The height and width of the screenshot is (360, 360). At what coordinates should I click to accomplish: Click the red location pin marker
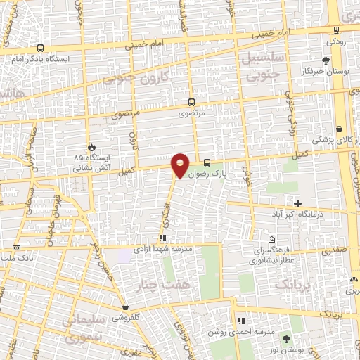click(x=181, y=165)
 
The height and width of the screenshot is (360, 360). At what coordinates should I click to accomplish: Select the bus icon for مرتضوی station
click(x=191, y=103)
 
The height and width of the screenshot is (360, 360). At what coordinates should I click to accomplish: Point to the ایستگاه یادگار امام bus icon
click(x=40, y=49)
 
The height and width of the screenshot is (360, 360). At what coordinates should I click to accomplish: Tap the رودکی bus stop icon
click(x=337, y=30)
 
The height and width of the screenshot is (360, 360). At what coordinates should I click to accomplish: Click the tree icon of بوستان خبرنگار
click(x=326, y=60)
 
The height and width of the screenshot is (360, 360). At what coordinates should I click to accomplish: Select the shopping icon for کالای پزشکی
click(x=340, y=129)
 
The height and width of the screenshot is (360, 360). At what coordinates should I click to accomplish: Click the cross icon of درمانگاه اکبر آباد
click(x=298, y=202)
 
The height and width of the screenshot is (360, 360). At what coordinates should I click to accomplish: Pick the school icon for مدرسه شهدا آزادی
click(x=162, y=239)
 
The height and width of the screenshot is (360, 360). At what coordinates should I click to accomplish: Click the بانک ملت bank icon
click(x=16, y=247)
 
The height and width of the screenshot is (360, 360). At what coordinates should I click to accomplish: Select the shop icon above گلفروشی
click(x=124, y=307)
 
